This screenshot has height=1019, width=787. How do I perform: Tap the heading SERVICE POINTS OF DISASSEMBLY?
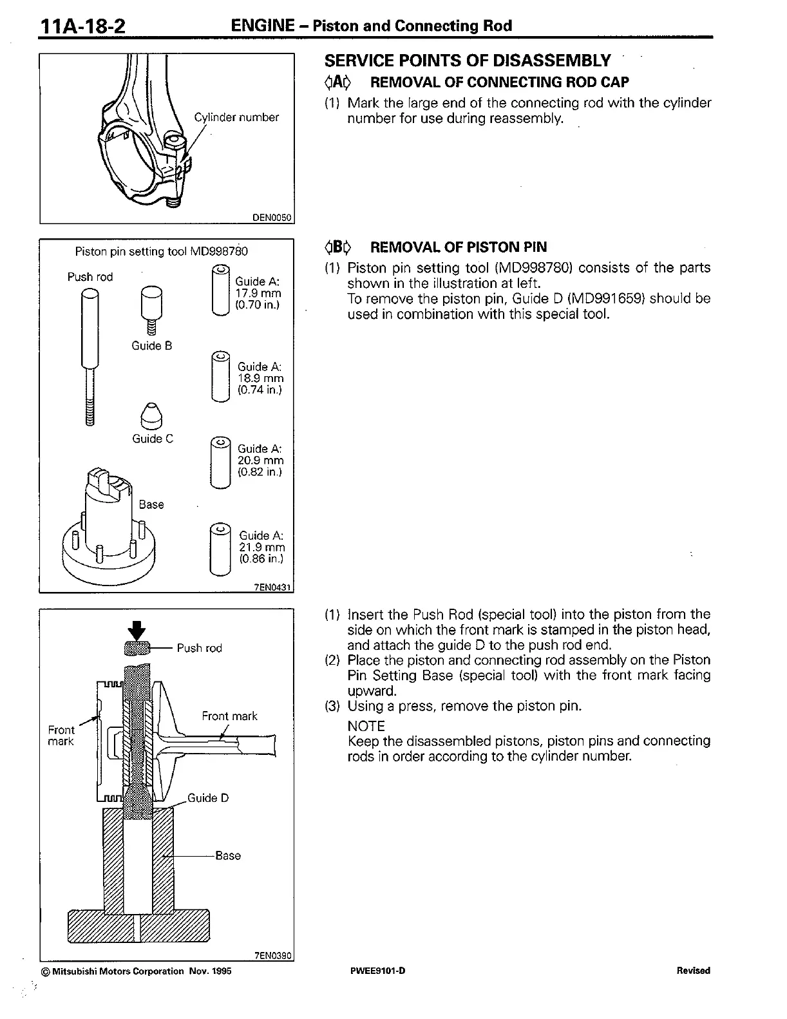click(x=467, y=61)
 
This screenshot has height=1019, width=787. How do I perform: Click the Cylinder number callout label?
click(x=236, y=117)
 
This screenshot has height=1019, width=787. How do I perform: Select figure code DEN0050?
click(x=273, y=218)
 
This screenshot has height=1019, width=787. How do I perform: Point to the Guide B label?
click(x=152, y=346)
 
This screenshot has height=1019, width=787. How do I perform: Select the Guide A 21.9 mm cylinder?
click(x=220, y=548)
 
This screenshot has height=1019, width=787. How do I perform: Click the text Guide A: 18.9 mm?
click(x=260, y=378)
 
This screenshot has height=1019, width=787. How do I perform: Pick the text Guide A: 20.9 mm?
click(x=260, y=460)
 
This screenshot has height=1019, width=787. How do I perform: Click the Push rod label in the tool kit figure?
click(x=90, y=277)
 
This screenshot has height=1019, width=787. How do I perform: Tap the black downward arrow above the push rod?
click(x=138, y=629)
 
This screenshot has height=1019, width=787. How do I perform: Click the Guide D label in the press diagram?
click(x=207, y=798)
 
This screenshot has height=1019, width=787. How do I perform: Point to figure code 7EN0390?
click(x=273, y=956)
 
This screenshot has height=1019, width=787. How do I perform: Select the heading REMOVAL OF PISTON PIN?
click(x=459, y=247)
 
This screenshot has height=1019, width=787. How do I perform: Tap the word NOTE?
click(x=366, y=726)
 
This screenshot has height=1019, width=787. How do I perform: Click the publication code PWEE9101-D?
click(x=378, y=971)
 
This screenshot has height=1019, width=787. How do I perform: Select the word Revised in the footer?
click(x=693, y=971)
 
